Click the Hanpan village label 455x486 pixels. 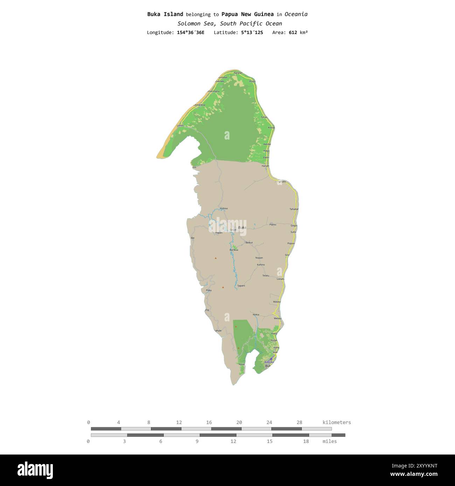click(238, 73)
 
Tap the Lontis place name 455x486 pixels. click(180, 125)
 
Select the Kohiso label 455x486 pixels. click(224, 208)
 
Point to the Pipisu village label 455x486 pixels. click(273, 224)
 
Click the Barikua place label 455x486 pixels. click(234, 250)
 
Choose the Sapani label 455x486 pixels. click(241, 286)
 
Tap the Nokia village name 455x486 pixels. click(256, 315)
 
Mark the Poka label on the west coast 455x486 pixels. click(209, 290)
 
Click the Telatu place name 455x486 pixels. click(266, 276)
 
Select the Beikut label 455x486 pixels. click(249, 242)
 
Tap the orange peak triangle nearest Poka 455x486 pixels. click(223, 287)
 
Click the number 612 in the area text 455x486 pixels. click(293, 33)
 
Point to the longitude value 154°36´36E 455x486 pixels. click(190, 33)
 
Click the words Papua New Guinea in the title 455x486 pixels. click(247, 14)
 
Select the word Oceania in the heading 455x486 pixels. click(296, 14)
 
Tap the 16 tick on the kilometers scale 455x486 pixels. click(209, 422)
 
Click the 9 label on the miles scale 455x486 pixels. click(197, 441)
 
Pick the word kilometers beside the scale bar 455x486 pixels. click(336, 422)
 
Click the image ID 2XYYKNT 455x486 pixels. click(414, 466)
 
